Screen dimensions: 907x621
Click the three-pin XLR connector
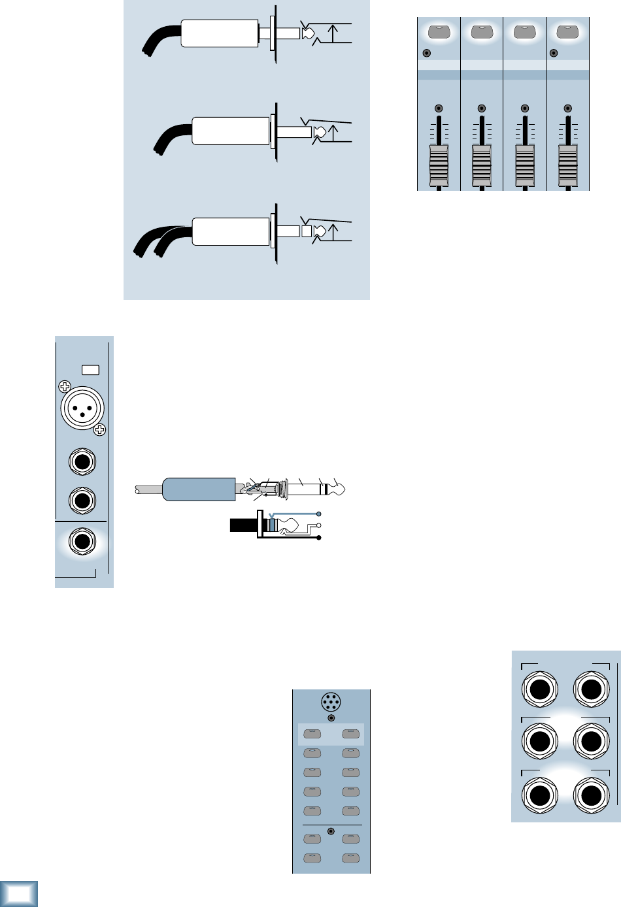pyautogui.click(x=82, y=408)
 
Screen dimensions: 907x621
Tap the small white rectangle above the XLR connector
pyautogui.click(x=90, y=370)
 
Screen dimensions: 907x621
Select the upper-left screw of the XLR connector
pyautogui.click(x=65, y=386)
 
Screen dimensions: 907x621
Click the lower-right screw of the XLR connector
pyautogui.click(x=99, y=429)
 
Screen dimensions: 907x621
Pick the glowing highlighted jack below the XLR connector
pyautogui.click(x=82, y=542)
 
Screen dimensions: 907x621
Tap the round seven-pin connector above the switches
pyautogui.click(x=331, y=703)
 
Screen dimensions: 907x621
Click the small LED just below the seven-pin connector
pyautogui.click(x=331, y=717)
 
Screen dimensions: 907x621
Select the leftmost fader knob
pyautogui.click(x=439, y=166)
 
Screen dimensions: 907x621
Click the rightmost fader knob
pyautogui.click(x=568, y=166)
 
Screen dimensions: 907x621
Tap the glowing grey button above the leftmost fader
pyautogui.click(x=439, y=31)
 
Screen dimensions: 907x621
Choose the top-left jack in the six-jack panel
pyautogui.click(x=539, y=690)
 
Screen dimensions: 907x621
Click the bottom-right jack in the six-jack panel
pyautogui.click(x=590, y=796)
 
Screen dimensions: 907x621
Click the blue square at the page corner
pyautogui.click(x=19, y=894)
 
